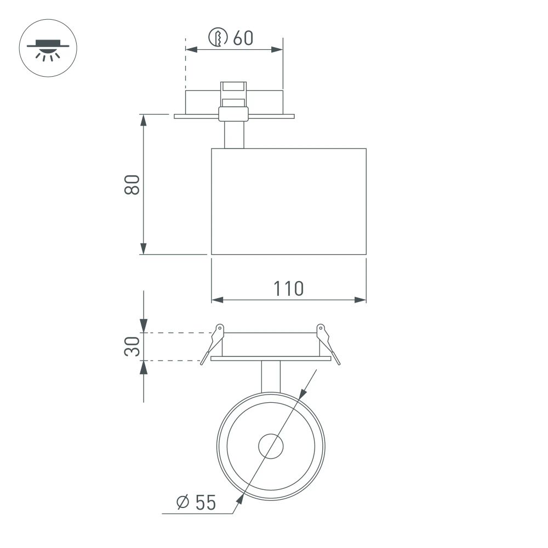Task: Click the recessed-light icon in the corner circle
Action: pyautogui.click(x=48, y=48)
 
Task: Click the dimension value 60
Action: pyautogui.click(x=243, y=38)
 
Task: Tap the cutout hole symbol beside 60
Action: pyautogui.click(x=218, y=38)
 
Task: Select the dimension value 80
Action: pyautogui.click(x=133, y=185)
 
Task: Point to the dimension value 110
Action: pyautogui.click(x=288, y=288)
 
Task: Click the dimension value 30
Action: pyautogui.click(x=133, y=346)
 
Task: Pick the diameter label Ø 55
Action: pyautogui.click(x=196, y=502)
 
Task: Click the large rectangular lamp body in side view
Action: pyautogui.click(x=289, y=201)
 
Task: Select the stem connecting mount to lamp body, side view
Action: pyautogui.click(x=234, y=135)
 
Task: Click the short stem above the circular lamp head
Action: pyautogui.click(x=271, y=376)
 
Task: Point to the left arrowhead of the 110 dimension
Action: pyautogui.click(x=217, y=300)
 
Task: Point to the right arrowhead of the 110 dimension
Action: pyautogui.click(x=361, y=300)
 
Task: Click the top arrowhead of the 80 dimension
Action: pyautogui.click(x=143, y=120)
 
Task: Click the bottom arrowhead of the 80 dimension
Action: pyautogui.click(x=143, y=249)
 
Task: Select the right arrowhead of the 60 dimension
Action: pyautogui.click(x=278, y=50)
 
